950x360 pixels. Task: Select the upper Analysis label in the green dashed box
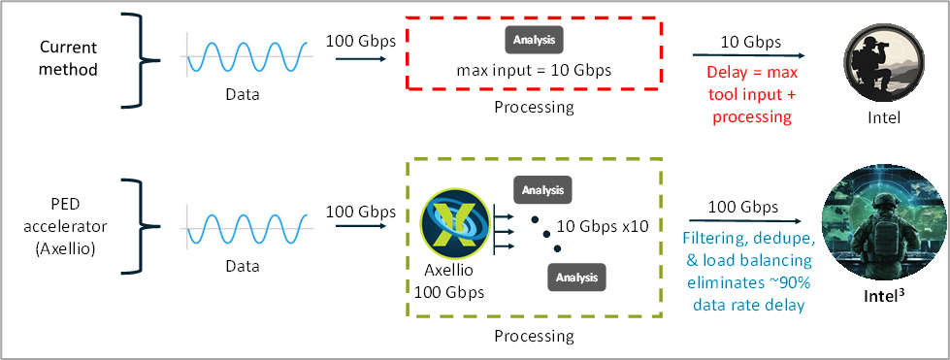tap(542, 189)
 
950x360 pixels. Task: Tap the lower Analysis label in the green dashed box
tap(576, 278)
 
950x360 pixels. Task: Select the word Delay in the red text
tap(726, 75)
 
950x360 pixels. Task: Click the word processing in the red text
tap(752, 116)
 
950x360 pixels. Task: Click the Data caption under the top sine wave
tap(243, 95)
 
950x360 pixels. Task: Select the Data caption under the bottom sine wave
tap(243, 265)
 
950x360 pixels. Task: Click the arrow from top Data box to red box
tap(362, 59)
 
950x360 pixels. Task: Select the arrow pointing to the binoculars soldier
tap(747, 56)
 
